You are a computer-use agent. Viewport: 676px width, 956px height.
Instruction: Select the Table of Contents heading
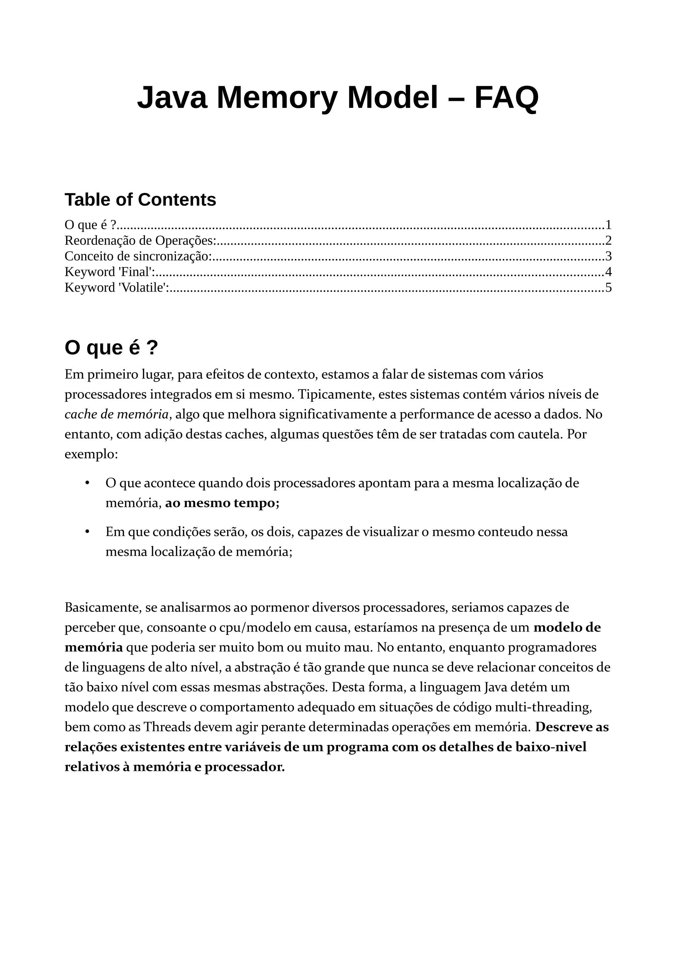click(140, 200)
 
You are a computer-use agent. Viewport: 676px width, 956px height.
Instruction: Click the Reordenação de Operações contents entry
click(140, 241)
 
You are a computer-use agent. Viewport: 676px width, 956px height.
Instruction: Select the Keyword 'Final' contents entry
click(110, 272)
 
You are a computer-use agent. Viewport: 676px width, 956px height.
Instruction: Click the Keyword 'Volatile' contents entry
click(117, 288)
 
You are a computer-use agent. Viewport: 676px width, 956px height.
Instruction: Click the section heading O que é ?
click(111, 348)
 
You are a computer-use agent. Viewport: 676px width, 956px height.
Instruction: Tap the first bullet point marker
click(87, 483)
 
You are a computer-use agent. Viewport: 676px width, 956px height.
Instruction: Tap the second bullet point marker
click(87, 532)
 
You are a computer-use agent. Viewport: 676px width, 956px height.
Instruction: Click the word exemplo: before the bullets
click(91, 454)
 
